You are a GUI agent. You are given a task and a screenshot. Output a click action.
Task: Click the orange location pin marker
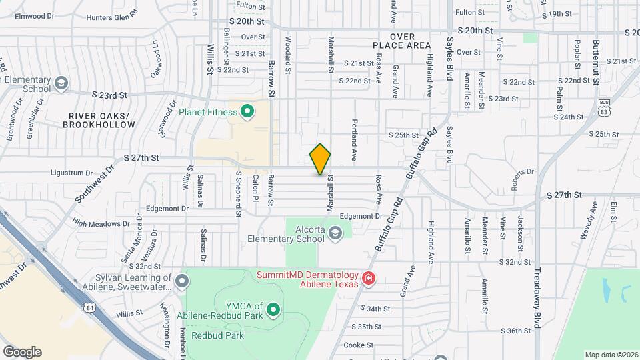[320, 159]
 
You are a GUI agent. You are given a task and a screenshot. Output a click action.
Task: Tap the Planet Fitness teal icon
[247, 111]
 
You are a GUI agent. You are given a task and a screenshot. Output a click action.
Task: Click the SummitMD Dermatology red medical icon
[367, 278]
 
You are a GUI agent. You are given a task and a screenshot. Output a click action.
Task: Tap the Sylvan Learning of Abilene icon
[181, 282]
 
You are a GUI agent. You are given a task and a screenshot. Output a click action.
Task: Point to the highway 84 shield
[89, 307]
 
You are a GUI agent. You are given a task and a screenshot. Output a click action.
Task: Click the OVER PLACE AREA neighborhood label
[402, 41]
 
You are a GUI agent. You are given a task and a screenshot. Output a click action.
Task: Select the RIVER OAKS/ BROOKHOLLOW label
[102, 120]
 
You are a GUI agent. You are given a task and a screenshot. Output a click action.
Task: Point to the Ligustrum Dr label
[76, 173]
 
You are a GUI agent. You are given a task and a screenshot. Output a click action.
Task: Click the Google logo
[22, 351]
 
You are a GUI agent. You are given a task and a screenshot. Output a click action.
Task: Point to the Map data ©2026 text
[611, 355]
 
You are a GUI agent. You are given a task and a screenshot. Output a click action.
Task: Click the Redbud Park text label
[217, 335]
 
